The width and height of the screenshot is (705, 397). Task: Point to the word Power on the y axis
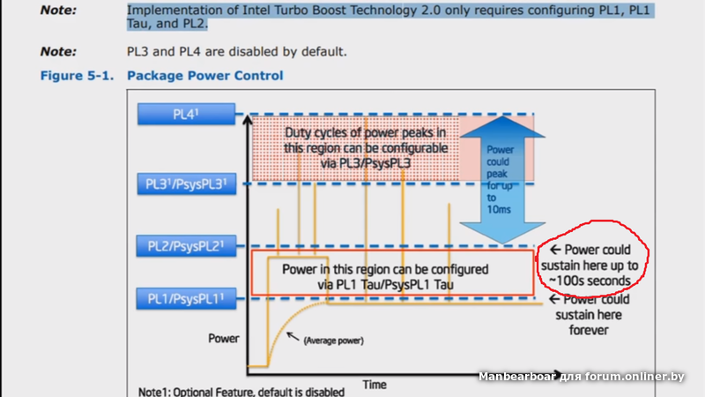coord(223,338)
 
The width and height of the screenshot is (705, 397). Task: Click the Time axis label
coord(375,385)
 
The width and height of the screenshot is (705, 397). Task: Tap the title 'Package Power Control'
coord(205,77)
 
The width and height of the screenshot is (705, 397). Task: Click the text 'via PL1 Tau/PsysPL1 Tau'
coord(385,283)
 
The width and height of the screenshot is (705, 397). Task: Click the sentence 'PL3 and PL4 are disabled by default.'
coord(237,52)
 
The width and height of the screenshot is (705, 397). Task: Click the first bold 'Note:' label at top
coord(58,11)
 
